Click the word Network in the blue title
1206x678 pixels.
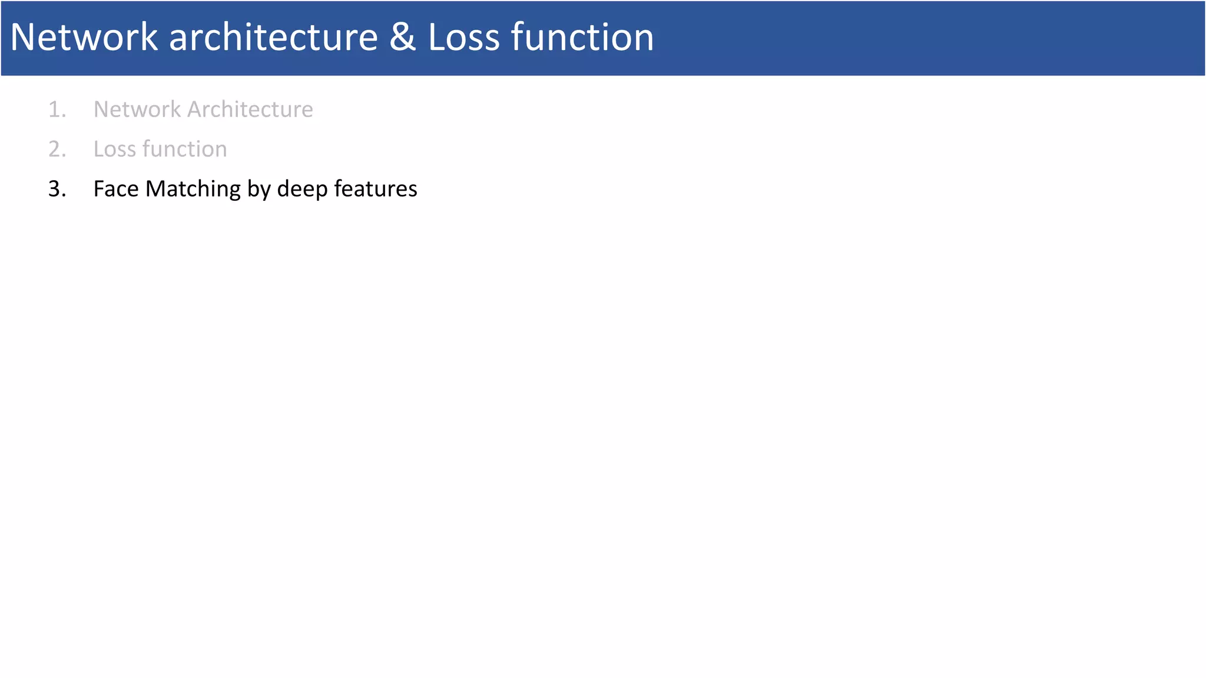coord(84,38)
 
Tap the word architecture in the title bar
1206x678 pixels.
coord(273,38)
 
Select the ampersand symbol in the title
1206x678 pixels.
coord(402,38)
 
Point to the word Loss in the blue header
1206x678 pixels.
coord(463,38)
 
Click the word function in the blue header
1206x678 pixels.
coord(582,38)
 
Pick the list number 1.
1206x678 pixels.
coord(57,109)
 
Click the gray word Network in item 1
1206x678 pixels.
coord(137,109)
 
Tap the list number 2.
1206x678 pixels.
coord(57,149)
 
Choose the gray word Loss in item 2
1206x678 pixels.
coord(115,149)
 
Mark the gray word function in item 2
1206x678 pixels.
coord(184,149)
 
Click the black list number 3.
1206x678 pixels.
coord(57,189)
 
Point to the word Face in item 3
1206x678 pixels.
coord(116,189)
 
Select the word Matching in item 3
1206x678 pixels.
coord(193,189)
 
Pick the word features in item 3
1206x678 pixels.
coord(376,189)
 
